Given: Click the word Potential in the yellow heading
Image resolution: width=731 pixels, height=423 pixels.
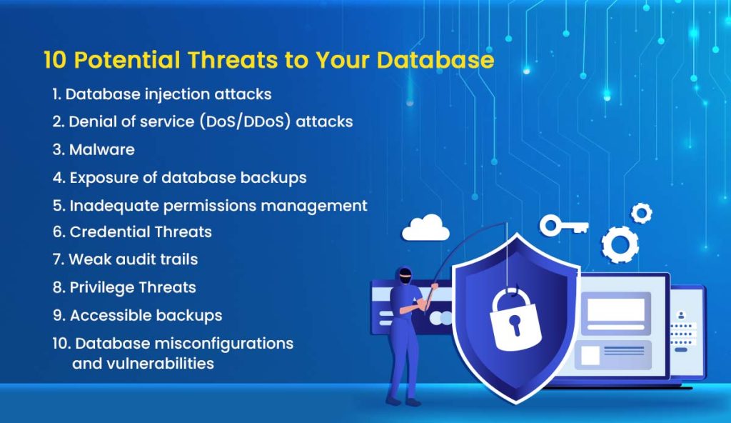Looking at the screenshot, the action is [x=127, y=60].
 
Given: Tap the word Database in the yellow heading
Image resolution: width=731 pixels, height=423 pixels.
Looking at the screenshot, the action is [x=435, y=60].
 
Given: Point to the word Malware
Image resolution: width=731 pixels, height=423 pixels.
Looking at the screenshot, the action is [x=101, y=149].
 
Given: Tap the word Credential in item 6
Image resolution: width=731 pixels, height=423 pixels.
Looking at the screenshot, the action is [x=110, y=232].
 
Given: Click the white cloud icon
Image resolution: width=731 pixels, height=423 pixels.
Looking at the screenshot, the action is [x=425, y=228].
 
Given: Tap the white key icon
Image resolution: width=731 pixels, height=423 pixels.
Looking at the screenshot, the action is [x=564, y=227].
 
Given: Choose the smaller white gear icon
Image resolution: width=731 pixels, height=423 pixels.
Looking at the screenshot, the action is [x=642, y=213].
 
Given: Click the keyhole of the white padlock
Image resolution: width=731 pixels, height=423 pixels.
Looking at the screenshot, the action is [x=515, y=324].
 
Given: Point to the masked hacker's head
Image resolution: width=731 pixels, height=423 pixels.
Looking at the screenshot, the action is [x=404, y=276].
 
